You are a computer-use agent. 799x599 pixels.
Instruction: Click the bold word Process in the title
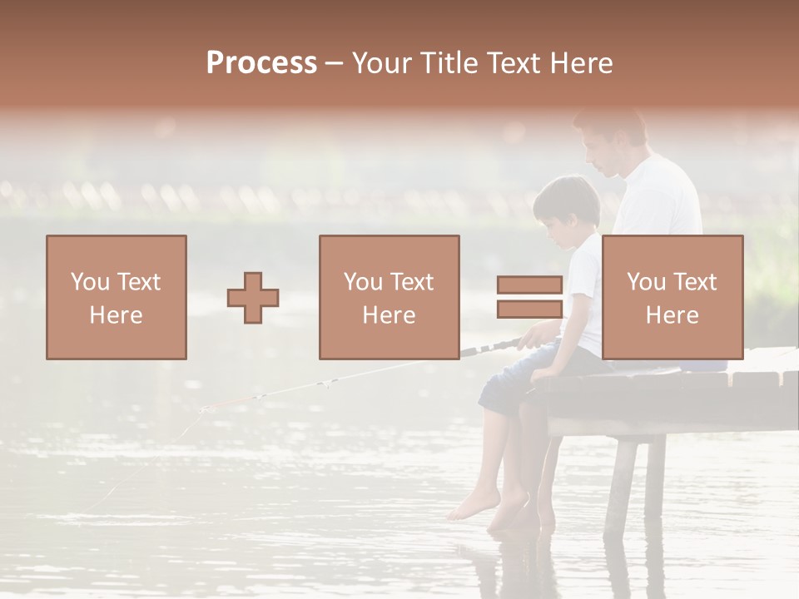click(261, 62)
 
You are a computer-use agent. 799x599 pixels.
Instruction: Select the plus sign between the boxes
click(253, 298)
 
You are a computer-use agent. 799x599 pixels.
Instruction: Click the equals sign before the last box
click(529, 297)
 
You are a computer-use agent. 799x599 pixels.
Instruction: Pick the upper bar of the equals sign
click(529, 285)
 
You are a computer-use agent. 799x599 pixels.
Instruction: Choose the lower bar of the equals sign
click(529, 309)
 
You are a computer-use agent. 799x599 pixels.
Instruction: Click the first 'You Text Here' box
click(117, 298)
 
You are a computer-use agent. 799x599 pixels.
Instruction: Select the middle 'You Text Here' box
click(390, 298)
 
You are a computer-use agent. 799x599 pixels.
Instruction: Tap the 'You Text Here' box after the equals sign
click(672, 298)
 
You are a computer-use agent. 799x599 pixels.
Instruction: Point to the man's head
click(612, 141)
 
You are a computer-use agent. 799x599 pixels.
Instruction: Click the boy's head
click(568, 208)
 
